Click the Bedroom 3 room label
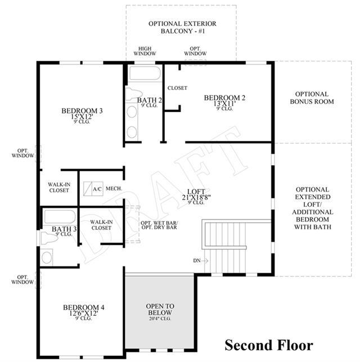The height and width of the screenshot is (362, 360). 82,111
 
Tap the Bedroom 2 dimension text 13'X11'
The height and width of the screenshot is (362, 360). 224,103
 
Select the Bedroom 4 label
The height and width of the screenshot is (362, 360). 84,307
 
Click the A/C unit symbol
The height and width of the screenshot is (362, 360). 93,189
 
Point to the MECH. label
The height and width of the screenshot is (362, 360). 114,188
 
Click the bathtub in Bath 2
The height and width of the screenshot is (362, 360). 145,73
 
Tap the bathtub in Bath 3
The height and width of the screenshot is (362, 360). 60,216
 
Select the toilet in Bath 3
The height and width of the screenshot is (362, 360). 49,238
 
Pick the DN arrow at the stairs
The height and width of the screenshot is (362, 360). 204,261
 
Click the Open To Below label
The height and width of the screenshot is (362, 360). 160,309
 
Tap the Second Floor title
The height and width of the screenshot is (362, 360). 269,345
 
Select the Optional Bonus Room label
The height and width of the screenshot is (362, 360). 312,98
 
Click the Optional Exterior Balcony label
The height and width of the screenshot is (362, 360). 182,27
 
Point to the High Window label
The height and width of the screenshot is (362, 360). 145,51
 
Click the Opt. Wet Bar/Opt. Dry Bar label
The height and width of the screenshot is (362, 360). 159,225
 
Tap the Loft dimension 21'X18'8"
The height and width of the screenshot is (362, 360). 196,197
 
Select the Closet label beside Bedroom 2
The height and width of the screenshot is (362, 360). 177,88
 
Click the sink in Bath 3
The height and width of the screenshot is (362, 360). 47,257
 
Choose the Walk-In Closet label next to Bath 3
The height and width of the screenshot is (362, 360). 101,225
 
